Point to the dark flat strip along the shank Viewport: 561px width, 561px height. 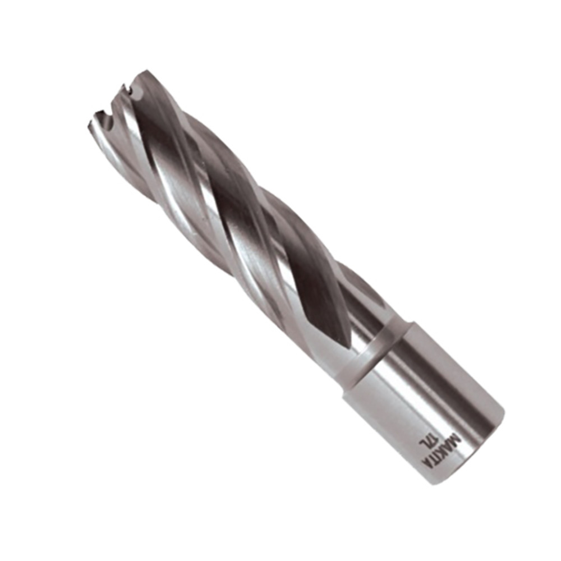(449, 381)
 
